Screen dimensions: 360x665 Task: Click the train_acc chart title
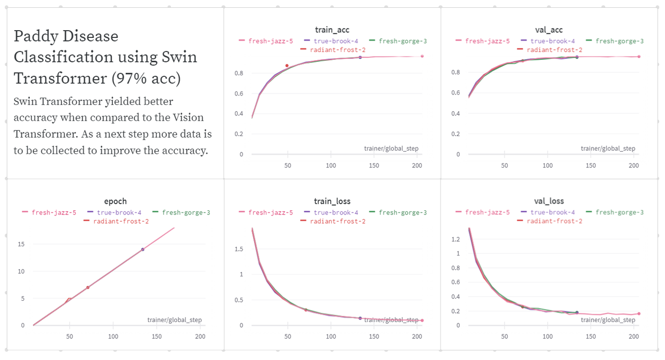tap(328, 30)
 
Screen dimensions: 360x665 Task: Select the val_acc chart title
tap(549, 30)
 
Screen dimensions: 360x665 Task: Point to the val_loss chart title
tap(549, 201)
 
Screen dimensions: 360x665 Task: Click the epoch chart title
tap(115, 201)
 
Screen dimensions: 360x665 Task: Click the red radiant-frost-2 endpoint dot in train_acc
tap(287, 66)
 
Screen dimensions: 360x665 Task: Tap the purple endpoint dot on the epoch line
tap(143, 249)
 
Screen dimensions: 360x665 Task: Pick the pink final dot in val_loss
tap(639, 314)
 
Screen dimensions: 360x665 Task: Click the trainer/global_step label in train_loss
tap(391, 320)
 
